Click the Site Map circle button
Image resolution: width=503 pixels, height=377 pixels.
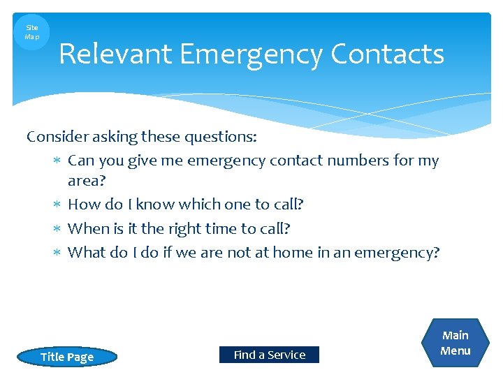tap(32, 32)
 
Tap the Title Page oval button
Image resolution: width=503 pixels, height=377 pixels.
tap(67, 357)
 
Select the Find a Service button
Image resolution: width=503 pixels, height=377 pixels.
tap(269, 355)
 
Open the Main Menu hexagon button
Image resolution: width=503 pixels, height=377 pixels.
tap(455, 343)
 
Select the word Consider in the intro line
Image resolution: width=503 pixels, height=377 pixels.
tap(55, 137)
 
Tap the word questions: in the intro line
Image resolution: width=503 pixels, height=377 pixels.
tap(221, 137)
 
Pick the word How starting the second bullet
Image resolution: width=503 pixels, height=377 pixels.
tap(84, 205)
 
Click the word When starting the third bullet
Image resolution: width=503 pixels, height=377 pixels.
tap(88, 228)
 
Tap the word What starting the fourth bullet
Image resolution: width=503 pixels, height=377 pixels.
tap(87, 252)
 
